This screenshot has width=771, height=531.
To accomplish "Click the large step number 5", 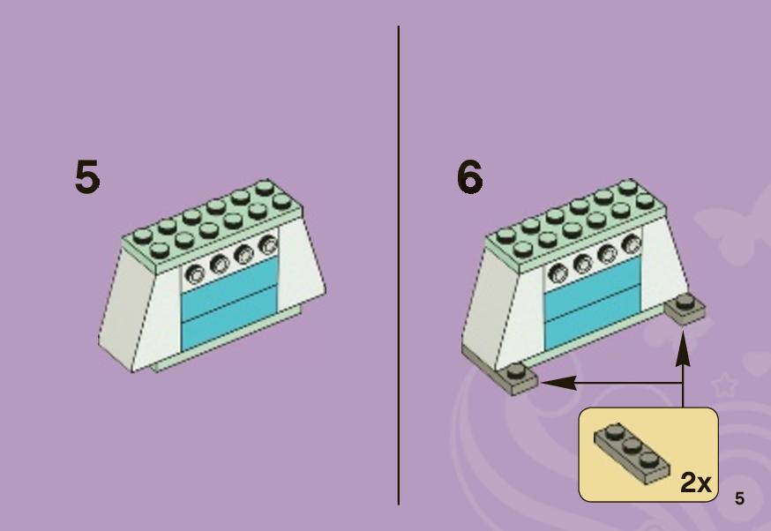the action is coord(87,176).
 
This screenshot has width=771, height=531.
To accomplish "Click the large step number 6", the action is coord(469,176).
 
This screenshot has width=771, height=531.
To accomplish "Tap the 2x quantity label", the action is coord(695,482).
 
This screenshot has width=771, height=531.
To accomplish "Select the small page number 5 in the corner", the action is coord(739,498).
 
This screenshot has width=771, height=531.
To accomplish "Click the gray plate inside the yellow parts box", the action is coord(632,452).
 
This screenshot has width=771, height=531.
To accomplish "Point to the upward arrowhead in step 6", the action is coord(682,348).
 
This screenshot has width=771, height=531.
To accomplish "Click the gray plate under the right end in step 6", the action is coord(685,308).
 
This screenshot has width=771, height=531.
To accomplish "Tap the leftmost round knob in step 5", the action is coord(195,273).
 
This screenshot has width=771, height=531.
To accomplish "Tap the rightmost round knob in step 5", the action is coord(268,243).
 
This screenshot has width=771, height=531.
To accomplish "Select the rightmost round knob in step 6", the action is coord(632,243).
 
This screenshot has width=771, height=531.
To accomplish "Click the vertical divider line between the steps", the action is coord(398,265).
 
